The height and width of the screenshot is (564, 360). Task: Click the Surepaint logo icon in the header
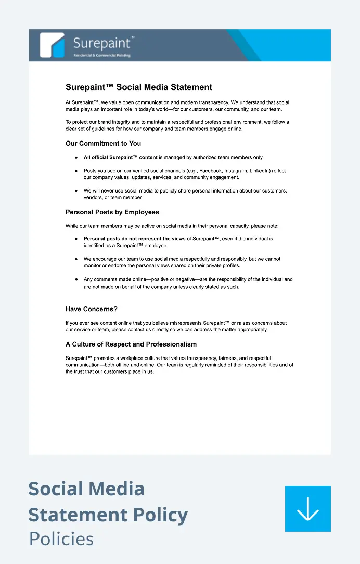(53, 45)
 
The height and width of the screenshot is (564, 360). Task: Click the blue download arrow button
(307, 508)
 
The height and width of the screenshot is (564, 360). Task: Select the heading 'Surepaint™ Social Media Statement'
(139, 87)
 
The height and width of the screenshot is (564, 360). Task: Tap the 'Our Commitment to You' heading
(103, 144)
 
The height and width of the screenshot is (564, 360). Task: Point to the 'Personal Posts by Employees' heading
(112, 212)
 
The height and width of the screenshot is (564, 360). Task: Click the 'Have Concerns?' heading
(92, 309)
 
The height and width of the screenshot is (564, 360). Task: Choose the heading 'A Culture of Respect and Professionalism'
(131, 344)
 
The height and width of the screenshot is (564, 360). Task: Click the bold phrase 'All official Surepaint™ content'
(120, 157)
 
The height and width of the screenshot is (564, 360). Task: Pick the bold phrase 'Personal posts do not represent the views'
(134, 239)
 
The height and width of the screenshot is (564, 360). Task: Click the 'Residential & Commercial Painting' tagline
(102, 55)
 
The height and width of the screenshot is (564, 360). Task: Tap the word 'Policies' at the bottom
(61, 539)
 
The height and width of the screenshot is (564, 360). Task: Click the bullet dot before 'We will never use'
(76, 191)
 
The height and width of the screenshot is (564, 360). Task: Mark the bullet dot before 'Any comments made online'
(76, 279)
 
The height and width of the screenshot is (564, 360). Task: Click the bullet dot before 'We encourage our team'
(76, 259)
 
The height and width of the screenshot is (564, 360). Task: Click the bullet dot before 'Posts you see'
(76, 171)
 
